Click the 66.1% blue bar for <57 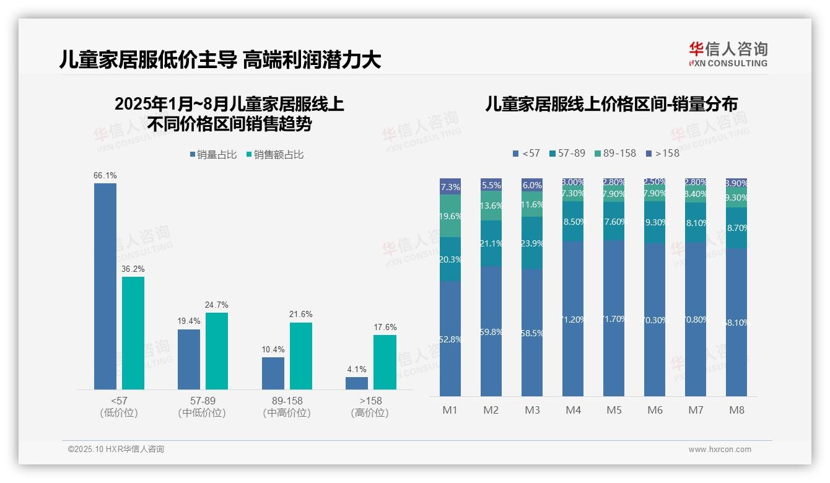click(105, 286)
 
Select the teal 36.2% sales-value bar click(133, 333)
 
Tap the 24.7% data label click(216, 305)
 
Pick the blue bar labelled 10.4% click(273, 373)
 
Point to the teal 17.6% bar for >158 click(385, 362)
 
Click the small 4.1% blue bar click(357, 383)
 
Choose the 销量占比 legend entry click(213, 155)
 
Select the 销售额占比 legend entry click(274, 155)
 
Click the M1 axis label click(450, 410)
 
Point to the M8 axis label click(736, 410)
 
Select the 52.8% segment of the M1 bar click(450, 339)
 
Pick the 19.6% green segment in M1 click(450, 216)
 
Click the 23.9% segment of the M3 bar click(532, 243)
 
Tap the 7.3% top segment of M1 click(450, 186)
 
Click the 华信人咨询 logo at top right click(728, 54)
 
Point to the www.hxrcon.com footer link click(720, 450)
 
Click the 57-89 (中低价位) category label click(202, 407)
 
